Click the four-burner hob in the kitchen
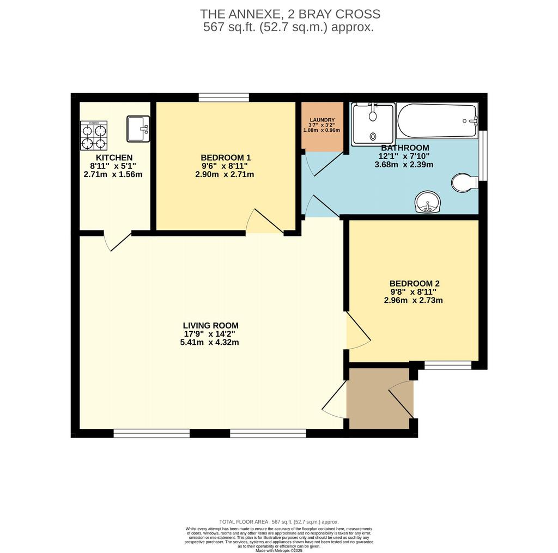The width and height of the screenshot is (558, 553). [94, 136]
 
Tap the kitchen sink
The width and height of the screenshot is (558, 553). [138, 129]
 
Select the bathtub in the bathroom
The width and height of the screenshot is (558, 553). [437, 120]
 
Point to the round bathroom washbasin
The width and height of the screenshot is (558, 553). [428, 202]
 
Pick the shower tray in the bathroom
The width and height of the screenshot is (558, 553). [373, 124]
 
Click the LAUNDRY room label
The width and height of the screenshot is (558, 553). [322, 120]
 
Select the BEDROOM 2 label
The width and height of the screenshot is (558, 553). [415, 284]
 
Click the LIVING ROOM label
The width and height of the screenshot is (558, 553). [211, 326]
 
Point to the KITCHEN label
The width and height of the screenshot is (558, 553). [114, 157]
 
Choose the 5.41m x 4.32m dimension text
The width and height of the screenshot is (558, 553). [210, 343]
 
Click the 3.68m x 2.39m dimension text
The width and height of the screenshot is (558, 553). [404, 165]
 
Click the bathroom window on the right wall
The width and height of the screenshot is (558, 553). [483, 156]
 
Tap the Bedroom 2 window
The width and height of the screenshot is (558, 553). [448, 365]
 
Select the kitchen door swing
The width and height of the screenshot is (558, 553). [118, 241]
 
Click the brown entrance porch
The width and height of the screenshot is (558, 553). [379, 399]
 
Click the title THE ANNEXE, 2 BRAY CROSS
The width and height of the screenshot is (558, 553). [290, 14]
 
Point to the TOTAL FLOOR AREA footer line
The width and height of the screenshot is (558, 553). [279, 522]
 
